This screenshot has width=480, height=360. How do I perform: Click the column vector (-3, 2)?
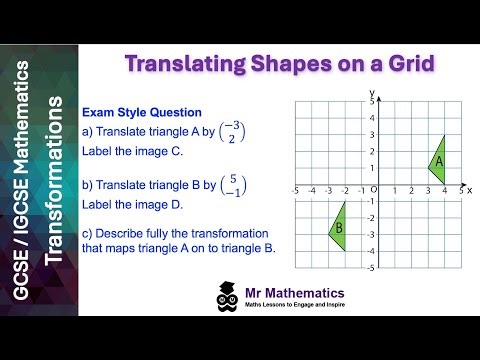tap(232, 133)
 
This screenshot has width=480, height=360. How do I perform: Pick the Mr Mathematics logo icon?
tap(225, 297)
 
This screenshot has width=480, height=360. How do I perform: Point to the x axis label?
tap(469, 189)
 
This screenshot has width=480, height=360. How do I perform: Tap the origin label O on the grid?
tap(373, 190)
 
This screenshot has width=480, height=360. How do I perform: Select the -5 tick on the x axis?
tap(295, 190)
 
